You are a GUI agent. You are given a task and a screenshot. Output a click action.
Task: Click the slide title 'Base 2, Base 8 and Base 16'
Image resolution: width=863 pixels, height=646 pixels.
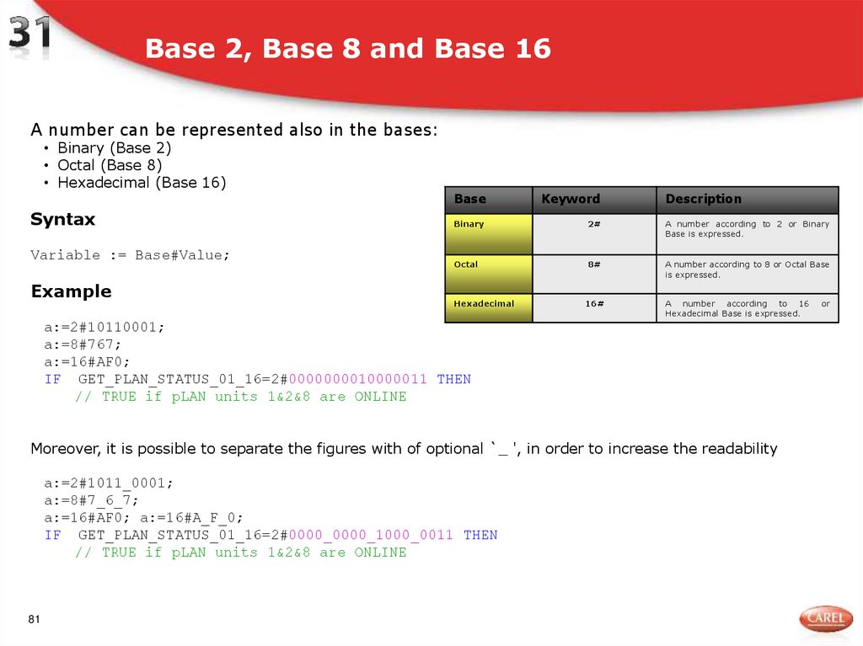[x=347, y=49]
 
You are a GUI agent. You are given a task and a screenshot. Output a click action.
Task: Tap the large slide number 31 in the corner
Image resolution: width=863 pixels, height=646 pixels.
[x=30, y=37]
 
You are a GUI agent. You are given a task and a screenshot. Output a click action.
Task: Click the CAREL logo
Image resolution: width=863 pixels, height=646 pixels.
[x=824, y=619]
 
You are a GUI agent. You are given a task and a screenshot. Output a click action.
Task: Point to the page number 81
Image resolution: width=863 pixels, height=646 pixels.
[x=35, y=620]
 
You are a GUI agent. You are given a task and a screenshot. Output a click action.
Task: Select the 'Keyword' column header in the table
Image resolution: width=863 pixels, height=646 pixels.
[x=571, y=200]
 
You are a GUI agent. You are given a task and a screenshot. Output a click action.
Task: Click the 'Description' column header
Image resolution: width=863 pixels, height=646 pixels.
[x=703, y=200]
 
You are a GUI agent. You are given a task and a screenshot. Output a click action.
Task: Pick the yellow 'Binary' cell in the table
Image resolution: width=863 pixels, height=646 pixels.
[x=488, y=233]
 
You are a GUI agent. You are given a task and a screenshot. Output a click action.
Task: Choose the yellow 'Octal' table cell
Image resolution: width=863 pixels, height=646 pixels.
[x=488, y=274]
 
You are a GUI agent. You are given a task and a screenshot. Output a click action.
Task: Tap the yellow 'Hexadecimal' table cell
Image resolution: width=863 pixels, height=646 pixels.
[x=488, y=307]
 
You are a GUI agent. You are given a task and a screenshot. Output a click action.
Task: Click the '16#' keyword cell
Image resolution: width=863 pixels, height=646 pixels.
[x=594, y=303]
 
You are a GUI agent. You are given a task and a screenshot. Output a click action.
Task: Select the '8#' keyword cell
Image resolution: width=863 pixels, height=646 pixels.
[x=594, y=264]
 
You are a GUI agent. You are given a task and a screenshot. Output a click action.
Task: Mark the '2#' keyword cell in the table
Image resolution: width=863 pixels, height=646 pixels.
[x=594, y=224]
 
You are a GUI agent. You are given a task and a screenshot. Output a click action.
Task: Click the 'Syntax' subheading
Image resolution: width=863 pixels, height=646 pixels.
[x=62, y=220]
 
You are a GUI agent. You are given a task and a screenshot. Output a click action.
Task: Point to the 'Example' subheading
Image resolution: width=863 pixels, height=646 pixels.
[x=71, y=291]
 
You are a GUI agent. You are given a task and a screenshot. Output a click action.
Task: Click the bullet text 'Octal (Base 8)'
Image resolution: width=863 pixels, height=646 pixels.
[x=110, y=165]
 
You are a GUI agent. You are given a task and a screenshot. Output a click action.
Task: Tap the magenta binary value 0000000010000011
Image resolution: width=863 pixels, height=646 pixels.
[x=358, y=379]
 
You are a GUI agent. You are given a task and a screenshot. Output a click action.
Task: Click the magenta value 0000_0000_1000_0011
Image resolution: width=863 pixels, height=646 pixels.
[x=371, y=535]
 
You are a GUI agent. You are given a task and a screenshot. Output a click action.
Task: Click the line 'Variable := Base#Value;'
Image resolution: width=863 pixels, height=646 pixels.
[x=130, y=255]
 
